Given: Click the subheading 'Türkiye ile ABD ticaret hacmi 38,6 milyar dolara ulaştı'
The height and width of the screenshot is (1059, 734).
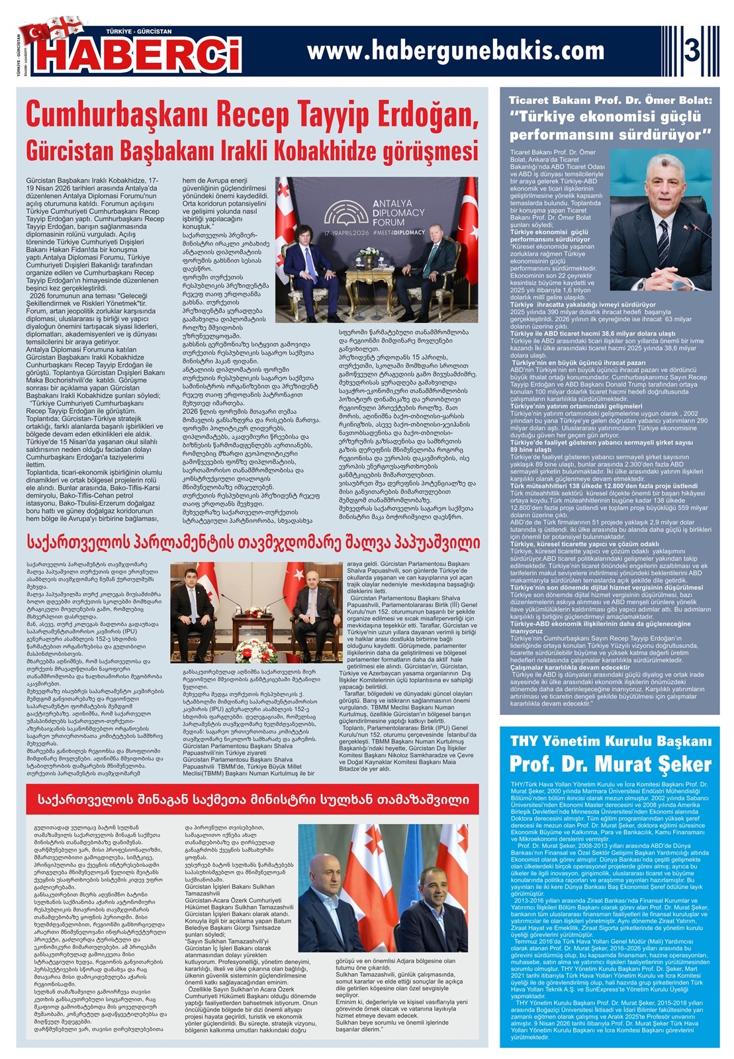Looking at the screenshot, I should (592, 334).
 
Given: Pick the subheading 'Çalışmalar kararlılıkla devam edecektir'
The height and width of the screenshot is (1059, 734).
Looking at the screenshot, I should (570, 667).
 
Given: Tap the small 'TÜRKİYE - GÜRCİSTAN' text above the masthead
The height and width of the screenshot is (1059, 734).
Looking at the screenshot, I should (139, 31).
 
